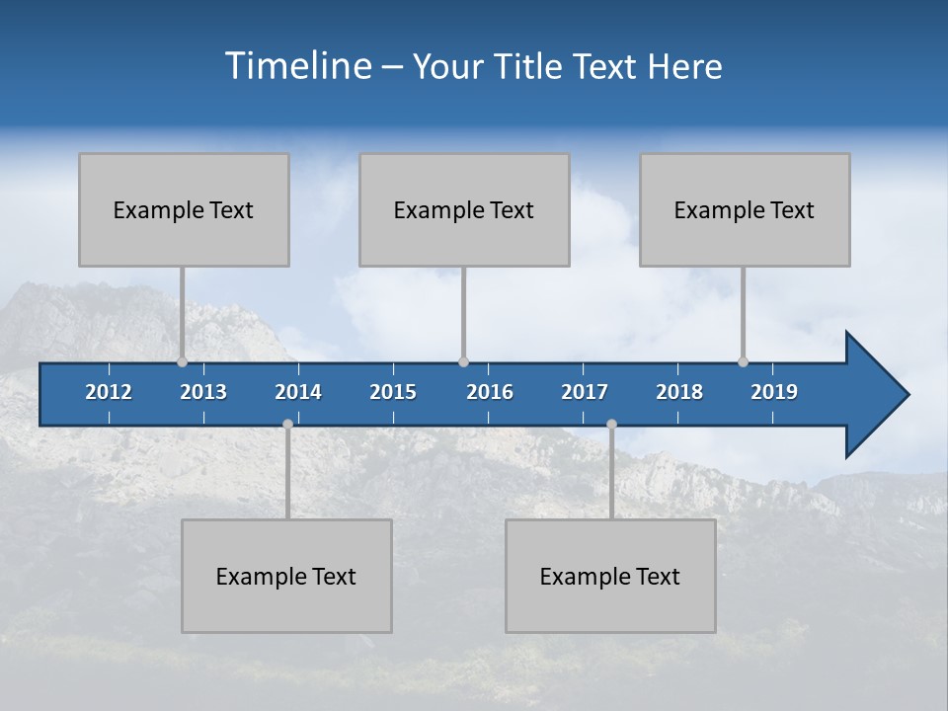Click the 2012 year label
tap(109, 392)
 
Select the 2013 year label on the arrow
tap(203, 392)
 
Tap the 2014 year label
tap(298, 392)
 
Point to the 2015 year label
tap(393, 392)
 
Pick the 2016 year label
tap(490, 392)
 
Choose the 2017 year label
tap(585, 392)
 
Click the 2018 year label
tap(679, 392)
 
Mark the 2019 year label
tap(774, 392)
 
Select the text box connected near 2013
tap(184, 209)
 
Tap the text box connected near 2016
tap(464, 209)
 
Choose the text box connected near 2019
tap(745, 209)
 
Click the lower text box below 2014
tap(286, 576)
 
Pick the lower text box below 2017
tap(610, 576)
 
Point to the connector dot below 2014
tap(287, 425)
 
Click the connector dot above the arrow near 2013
tap(183, 361)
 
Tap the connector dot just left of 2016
tap(463, 361)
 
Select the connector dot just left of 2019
tap(743, 361)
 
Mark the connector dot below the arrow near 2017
tap(611, 425)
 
